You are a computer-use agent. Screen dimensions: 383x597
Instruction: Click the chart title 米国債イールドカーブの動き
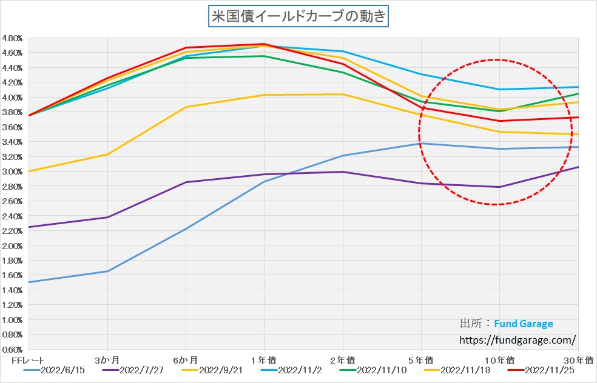point(298,16)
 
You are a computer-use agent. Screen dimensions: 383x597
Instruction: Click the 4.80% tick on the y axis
point(13,38)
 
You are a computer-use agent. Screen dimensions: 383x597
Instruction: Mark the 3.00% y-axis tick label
point(13,172)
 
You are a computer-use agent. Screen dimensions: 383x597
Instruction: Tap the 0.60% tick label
point(13,350)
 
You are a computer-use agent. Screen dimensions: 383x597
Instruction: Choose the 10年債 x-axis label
point(499,360)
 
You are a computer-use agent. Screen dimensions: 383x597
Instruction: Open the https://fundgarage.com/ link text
point(518,340)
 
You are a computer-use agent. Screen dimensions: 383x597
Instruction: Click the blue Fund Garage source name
point(523,324)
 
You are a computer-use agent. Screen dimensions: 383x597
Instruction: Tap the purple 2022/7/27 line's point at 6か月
point(186,182)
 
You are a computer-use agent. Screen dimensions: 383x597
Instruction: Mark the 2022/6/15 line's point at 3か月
point(107,271)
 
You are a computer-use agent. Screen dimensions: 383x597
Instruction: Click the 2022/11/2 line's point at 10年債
point(499,90)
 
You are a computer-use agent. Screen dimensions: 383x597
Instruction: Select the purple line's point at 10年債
point(499,187)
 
